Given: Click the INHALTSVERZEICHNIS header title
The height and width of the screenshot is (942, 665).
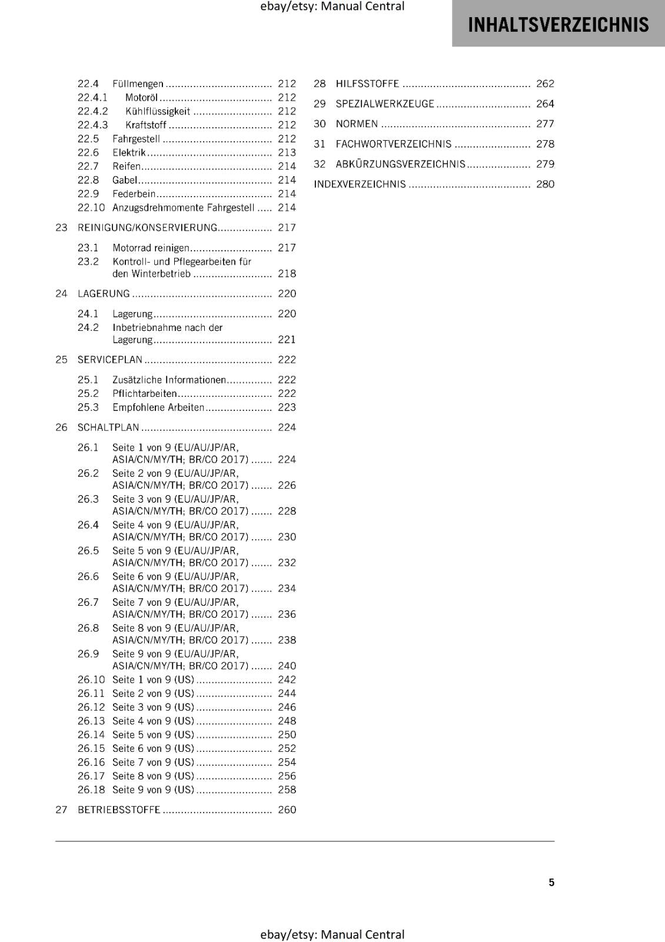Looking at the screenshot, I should pos(558,25).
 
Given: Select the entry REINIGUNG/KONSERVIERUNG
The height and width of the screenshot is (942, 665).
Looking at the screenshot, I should pos(147,228).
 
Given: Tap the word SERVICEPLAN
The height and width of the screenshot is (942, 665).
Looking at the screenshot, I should pos(110,360).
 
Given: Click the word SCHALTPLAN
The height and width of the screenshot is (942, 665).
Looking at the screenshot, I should pos(108,427).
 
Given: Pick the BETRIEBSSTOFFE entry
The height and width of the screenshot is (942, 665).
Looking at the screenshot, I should pos(119,810).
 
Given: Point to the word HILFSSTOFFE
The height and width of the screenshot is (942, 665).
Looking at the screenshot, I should pos(367,84).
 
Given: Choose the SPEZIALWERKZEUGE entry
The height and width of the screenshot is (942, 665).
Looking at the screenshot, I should pos(385,104).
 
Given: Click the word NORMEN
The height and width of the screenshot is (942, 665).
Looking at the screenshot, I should pos(357,124).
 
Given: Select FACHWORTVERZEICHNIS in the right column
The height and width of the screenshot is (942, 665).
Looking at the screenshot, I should pos(394,144).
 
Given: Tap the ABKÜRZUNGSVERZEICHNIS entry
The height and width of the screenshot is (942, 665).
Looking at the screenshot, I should pos(400,164).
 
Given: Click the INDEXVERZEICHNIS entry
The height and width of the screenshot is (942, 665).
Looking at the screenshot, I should pos(360,184).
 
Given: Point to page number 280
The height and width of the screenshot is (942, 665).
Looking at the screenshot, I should pos(545,184).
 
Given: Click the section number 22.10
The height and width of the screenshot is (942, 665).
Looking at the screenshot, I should pos(91,208).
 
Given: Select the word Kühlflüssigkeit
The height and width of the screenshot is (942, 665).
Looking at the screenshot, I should pos(158,111).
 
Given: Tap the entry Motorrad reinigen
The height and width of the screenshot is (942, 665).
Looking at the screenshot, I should pos(151,248).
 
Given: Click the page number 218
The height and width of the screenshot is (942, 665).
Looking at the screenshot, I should pos(287,274).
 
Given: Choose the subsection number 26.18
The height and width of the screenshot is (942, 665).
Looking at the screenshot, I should pos(91,790).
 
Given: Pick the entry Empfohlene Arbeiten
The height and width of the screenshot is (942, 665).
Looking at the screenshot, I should pos(158,407).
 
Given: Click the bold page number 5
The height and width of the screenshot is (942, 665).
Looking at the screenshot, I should pos(551,883).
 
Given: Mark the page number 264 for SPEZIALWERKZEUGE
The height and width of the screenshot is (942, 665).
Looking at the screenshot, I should pos(545,104).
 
